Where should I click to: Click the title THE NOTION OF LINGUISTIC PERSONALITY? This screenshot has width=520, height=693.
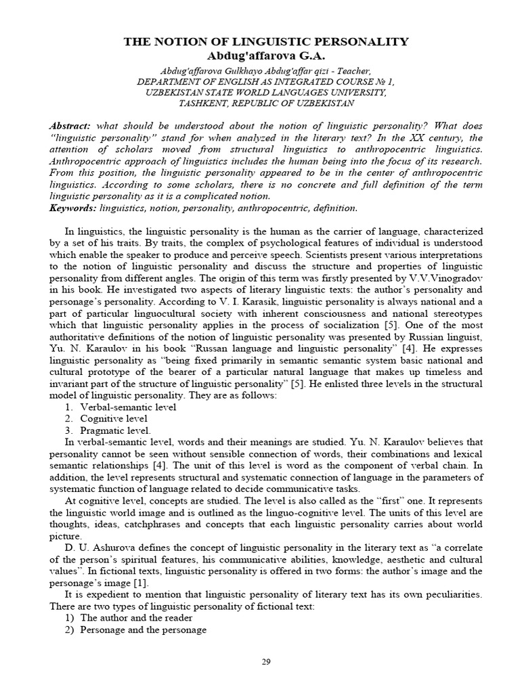click(x=266, y=42)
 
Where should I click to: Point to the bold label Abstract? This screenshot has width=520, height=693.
click(x=71, y=127)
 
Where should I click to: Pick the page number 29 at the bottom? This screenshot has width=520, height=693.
click(x=266, y=662)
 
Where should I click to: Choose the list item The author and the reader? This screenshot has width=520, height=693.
click(x=136, y=618)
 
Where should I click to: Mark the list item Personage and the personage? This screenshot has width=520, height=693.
click(x=143, y=630)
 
